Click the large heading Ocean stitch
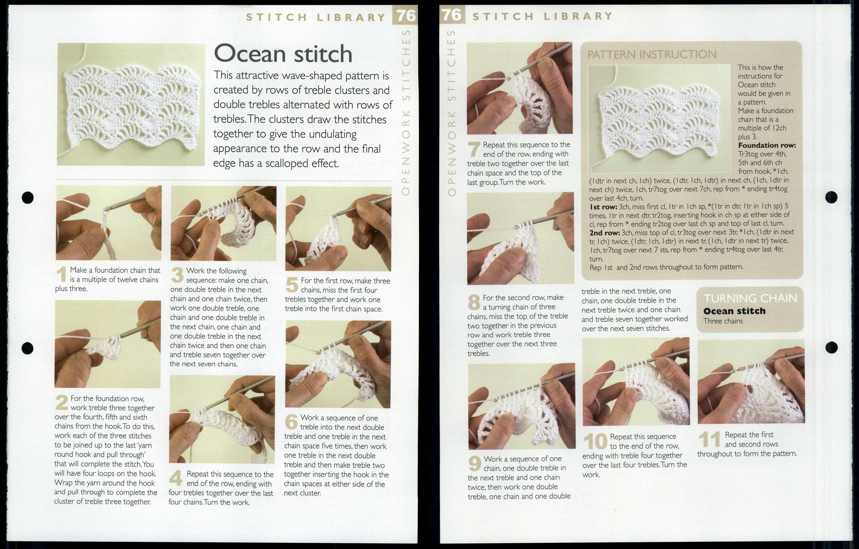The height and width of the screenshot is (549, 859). pyautogui.click(x=283, y=54)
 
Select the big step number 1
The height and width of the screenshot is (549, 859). pyautogui.click(x=62, y=275)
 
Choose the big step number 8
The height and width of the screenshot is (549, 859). pyautogui.click(x=474, y=303)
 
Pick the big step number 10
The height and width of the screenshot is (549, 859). pyautogui.click(x=595, y=442)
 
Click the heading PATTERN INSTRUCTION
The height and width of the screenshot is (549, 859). pyautogui.click(x=652, y=54)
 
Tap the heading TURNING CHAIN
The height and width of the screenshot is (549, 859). pyautogui.click(x=750, y=298)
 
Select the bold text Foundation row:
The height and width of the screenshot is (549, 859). pyautogui.click(x=767, y=145)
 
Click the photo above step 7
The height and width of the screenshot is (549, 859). pyautogui.click(x=519, y=88)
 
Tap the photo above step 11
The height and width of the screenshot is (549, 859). pyautogui.click(x=751, y=381)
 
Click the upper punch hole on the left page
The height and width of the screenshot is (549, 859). pyautogui.click(x=27, y=196)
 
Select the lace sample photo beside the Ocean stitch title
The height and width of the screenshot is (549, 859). pyautogui.click(x=131, y=104)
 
